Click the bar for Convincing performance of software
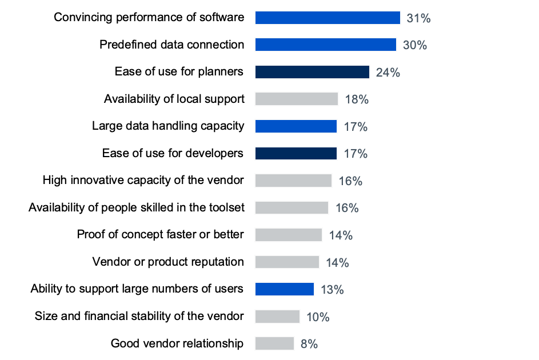click(x=328, y=18)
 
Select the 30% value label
click(x=414, y=45)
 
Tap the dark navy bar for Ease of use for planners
click(x=312, y=72)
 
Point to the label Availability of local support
click(x=174, y=99)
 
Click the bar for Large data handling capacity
click(x=296, y=126)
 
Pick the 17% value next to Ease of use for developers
click(x=356, y=154)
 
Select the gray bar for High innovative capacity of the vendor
click(x=293, y=181)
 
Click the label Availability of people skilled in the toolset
click(x=136, y=207)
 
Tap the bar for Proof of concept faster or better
click(x=289, y=235)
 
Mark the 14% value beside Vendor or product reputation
click(x=337, y=263)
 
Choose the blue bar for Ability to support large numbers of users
click(x=285, y=289)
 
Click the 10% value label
click(x=318, y=317)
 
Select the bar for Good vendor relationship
click(x=274, y=343)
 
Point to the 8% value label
click(x=309, y=344)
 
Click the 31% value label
click(x=418, y=18)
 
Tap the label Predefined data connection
click(x=171, y=45)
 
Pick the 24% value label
click(x=388, y=73)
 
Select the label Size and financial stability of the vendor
click(x=139, y=316)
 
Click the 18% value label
click(x=357, y=99)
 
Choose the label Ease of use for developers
click(x=173, y=153)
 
